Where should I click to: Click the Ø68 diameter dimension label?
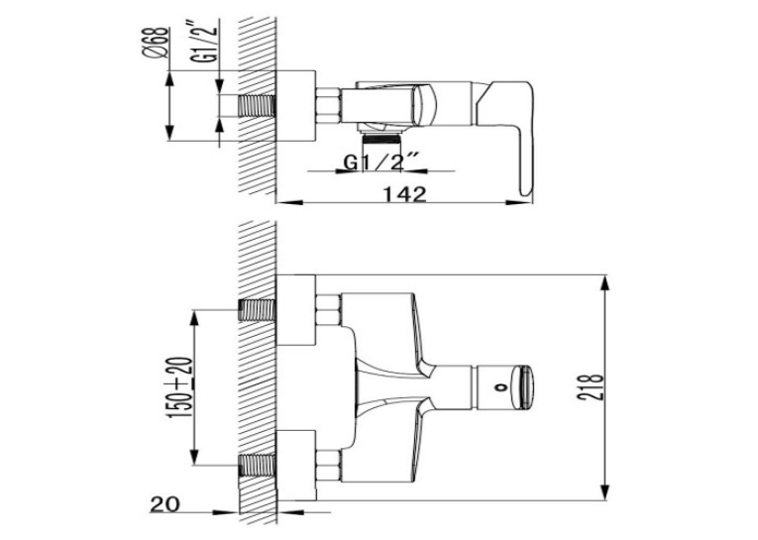(157, 43)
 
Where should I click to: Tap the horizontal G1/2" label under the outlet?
(379, 162)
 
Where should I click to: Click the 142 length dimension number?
(405, 194)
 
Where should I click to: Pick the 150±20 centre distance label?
(178, 387)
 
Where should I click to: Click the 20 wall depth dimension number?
(164, 504)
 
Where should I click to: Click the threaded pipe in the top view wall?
(257, 106)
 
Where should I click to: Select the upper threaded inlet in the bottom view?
(258, 310)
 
